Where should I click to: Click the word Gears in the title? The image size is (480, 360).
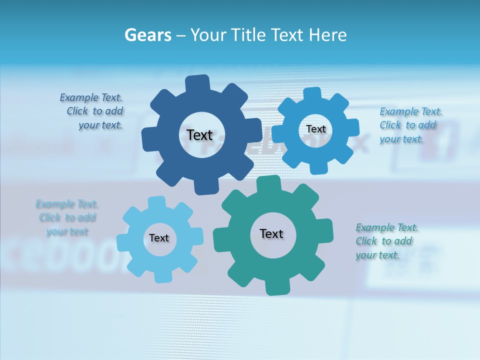[x=147, y=35]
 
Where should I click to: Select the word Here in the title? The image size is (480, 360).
[x=328, y=35]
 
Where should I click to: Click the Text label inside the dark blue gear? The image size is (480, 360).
[x=199, y=135]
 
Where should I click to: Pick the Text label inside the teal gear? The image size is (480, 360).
[x=271, y=233]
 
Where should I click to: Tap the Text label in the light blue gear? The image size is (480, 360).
[x=159, y=238]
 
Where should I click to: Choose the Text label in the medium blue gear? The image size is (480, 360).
[x=316, y=129]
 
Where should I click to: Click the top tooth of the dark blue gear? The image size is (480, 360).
[x=198, y=82]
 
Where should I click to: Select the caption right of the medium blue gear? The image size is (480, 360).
[x=409, y=125]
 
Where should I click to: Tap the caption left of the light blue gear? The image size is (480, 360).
[x=67, y=218]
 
